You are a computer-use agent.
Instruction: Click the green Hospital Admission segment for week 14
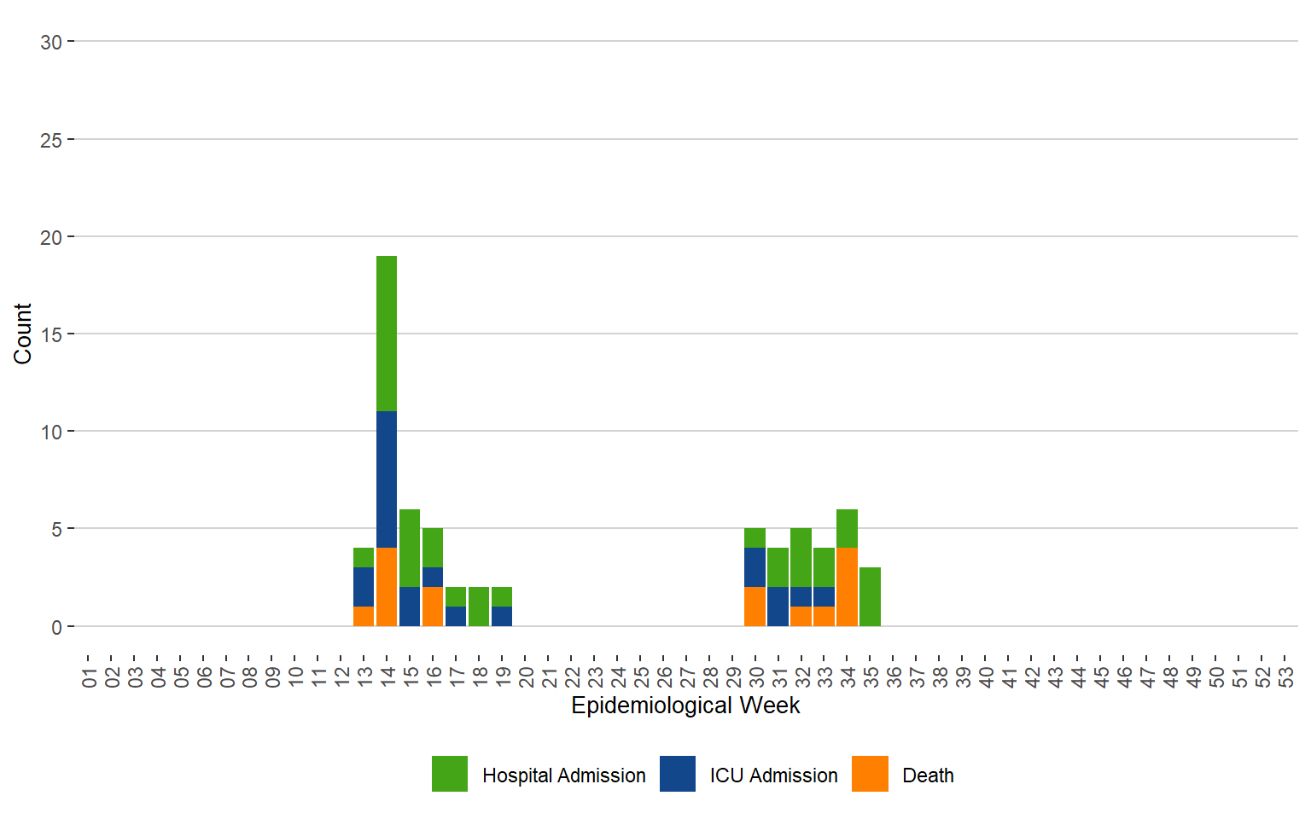pyautogui.click(x=387, y=334)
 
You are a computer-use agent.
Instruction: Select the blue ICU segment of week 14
pyautogui.click(x=387, y=479)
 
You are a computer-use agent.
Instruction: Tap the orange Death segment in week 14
pyautogui.click(x=387, y=587)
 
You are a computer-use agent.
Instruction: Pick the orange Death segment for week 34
pyautogui.click(x=847, y=587)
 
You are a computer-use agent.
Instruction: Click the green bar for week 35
pyautogui.click(x=870, y=596)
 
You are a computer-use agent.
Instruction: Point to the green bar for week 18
pyautogui.click(x=479, y=607)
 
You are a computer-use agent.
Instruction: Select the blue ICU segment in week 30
pyautogui.click(x=755, y=567)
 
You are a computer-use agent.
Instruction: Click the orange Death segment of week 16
pyautogui.click(x=433, y=607)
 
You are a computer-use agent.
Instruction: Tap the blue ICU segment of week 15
pyautogui.click(x=410, y=607)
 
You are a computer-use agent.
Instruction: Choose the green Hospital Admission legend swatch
pyautogui.click(x=450, y=774)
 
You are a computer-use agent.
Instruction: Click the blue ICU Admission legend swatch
pyautogui.click(x=678, y=774)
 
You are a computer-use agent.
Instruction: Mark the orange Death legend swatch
pyautogui.click(x=870, y=774)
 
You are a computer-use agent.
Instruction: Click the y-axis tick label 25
pyautogui.click(x=51, y=140)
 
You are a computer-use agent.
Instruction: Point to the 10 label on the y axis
pyautogui.click(x=51, y=432)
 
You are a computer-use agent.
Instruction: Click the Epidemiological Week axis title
pyautogui.click(x=685, y=706)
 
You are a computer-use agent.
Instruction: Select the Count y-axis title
pyautogui.click(x=23, y=334)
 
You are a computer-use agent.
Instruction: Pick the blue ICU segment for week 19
pyautogui.click(x=502, y=616)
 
